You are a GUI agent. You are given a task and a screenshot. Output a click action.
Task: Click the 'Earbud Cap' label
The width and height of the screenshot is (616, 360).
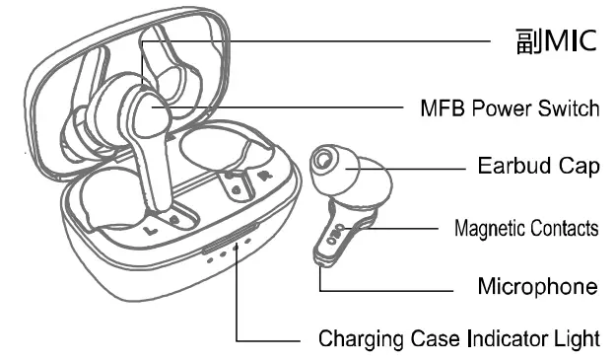538,167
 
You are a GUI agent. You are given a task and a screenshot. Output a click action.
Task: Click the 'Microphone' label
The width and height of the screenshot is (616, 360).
537,287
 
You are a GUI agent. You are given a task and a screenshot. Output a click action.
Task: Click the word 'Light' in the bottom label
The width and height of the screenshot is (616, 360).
577,339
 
